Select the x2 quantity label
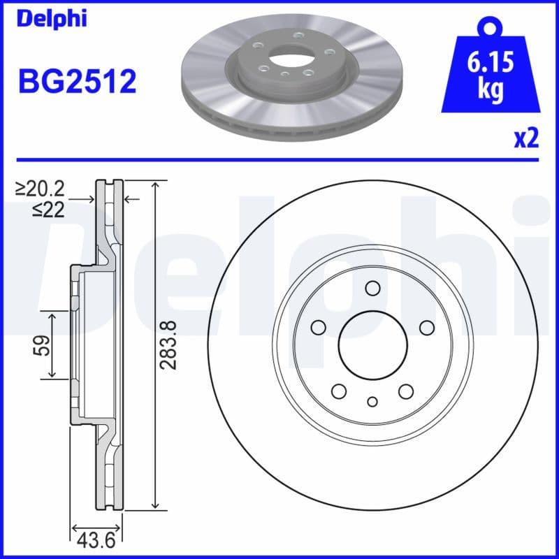(x=527, y=138)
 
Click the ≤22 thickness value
(x=48, y=210)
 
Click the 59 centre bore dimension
(x=43, y=344)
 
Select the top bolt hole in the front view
(x=372, y=289)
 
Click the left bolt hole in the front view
(x=318, y=328)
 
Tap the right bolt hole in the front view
(x=425, y=328)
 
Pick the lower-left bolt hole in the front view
(x=339, y=391)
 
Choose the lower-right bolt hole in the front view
(x=405, y=391)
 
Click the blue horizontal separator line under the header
(x=279, y=160)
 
